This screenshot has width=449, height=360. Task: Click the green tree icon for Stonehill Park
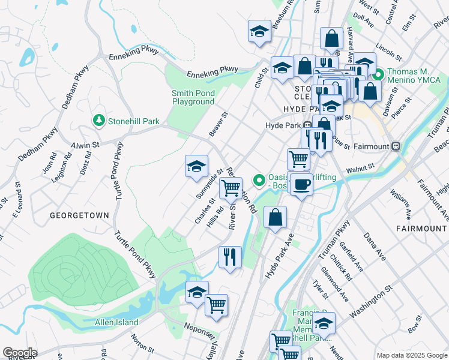(99, 121)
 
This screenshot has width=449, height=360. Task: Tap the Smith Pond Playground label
(193, 97)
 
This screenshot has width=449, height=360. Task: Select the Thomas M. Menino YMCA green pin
(379, 76)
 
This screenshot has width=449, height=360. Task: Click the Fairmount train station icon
(396, 146)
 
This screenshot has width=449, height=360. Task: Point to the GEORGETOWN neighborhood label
(79, 215)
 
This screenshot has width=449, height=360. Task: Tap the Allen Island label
(116, 322)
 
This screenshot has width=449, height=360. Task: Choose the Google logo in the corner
(19, 353)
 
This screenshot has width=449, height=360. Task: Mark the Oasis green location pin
(259, 179)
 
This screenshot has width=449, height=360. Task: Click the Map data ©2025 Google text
(412, 355)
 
